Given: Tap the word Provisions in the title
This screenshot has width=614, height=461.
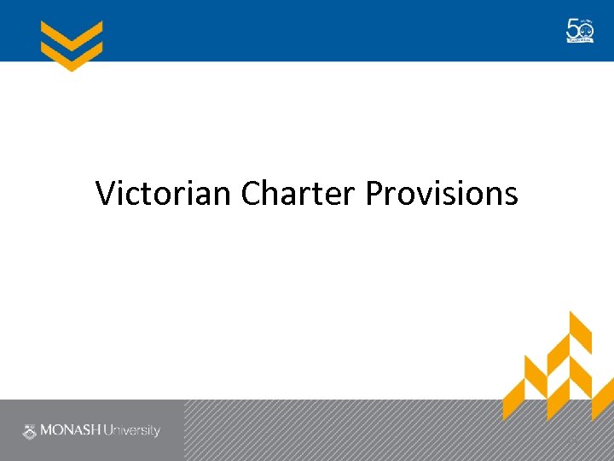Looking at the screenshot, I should pyautogui.click(x=441, y=194).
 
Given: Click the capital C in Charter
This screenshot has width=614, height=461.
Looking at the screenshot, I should pyautogui.click(x=251, y=194).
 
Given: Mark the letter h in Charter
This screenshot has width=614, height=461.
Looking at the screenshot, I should pyautogui.click(x=273, y=193).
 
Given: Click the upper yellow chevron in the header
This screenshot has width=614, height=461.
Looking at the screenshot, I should pyautogui.click(x=72, y=35).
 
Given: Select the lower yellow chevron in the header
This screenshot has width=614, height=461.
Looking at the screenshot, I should pyautogui.click(x=72, y=57).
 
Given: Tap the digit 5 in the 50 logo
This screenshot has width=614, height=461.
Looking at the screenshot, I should pyautogui.click(x=573, y=29).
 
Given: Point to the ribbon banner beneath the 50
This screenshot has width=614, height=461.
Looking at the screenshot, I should pyautogui.click(x=580, y=39).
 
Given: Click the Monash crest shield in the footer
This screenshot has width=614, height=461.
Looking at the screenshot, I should pyautogui.click(x=30, y=431).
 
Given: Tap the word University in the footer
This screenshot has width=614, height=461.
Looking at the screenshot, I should pyautogui.click(x=131, y=431).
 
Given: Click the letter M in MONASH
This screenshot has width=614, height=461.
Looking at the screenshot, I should pyautogui.click(x=47, y=431).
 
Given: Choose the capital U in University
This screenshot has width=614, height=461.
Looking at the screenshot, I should pyautogui.click(x=108, y=431).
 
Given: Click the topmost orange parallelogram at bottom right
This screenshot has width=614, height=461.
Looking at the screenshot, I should pyautogui.click(x=580, y=329).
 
